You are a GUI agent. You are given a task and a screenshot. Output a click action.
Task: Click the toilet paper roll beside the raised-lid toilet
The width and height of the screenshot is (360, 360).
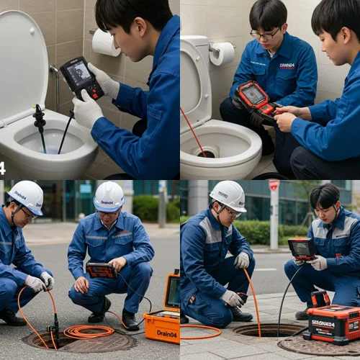click(106, 42)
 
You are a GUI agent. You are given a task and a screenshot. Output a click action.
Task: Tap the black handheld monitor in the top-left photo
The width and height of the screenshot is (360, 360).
click(81, 76)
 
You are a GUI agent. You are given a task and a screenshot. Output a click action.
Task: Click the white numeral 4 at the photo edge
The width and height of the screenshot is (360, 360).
click(2, 168)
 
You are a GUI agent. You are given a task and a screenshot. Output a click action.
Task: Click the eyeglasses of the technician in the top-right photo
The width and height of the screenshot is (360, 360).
click(264, 35)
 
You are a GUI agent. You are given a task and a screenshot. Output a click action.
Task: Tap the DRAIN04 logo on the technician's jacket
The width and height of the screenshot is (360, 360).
click(287, 66)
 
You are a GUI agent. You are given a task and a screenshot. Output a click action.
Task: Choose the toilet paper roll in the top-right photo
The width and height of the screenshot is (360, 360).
click(222, 53)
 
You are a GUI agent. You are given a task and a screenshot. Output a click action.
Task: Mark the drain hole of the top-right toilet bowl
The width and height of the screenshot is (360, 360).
click(208, 151)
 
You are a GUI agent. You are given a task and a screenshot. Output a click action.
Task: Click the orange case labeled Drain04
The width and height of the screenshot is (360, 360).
click(163, 324)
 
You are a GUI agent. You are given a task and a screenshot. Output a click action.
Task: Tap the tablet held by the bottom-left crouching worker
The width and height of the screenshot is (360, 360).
click(101, 270)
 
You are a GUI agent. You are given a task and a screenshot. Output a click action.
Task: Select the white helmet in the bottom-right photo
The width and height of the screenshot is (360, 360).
click(228, 194)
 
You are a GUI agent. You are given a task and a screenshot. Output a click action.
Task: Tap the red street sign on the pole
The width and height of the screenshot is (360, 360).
click(274, 185)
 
